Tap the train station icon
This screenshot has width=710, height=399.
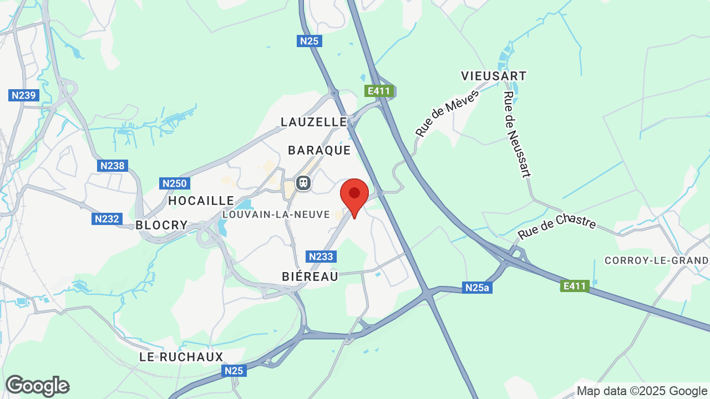[303, 182]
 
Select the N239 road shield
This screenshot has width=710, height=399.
[24, 95]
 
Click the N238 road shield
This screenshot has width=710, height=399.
[113, 165]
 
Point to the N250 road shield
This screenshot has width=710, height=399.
[175, 183]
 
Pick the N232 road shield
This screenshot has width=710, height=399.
[106, 219]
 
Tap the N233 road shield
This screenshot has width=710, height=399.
[321, 257]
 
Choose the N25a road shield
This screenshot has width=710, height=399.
[478, 288]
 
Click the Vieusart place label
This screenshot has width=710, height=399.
[494, 76]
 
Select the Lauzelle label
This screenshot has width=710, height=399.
[313, 122]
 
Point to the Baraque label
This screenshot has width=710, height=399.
[319, 150]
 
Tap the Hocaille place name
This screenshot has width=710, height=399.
[201, 201]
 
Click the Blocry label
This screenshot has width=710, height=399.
[162, 225]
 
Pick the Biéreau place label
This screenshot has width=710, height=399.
[310, 277]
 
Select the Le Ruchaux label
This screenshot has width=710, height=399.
[181, 357]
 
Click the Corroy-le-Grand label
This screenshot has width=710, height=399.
[656, 260]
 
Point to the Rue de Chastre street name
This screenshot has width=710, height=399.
[556, 227]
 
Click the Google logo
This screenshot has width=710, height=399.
[37, 386]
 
